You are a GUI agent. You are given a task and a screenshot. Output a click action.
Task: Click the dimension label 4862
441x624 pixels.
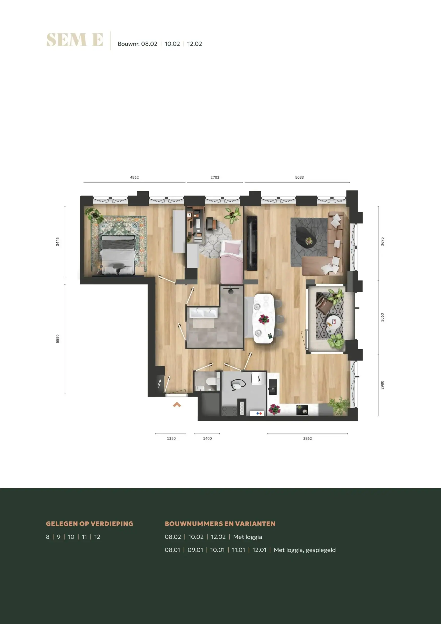[x=134, y=177]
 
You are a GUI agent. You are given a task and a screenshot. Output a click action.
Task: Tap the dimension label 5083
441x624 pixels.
[x=299, y=177]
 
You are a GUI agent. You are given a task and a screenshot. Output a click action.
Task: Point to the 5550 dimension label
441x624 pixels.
[x=57, y=339]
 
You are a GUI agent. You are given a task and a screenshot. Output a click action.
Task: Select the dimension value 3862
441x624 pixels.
[x=308, y=438]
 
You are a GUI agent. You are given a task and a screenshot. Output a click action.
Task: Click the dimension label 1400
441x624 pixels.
[x=207, y=438]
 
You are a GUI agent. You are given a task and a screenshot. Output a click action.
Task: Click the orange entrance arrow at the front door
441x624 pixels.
[x=177, y=405]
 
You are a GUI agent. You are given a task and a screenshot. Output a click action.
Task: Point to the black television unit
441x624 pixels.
[x=252, y=243]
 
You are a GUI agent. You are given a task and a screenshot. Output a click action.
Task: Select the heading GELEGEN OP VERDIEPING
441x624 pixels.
[x=90, y=524]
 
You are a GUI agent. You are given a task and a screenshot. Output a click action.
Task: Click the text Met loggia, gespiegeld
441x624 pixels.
[x=305, y=550]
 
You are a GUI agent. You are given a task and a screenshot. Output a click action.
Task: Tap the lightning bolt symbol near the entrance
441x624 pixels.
[x=159, y=384]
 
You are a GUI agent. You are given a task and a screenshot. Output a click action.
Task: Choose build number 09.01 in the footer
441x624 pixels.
[x=195, y=550]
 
